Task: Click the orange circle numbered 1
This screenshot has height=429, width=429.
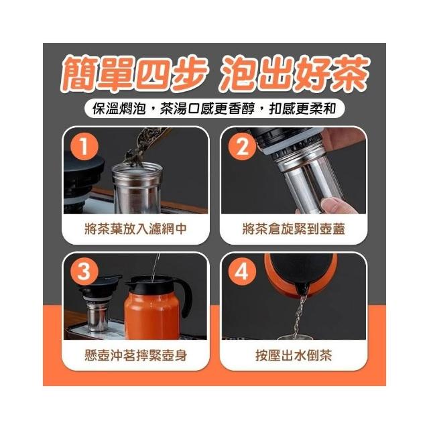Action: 84,146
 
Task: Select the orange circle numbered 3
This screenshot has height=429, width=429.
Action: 84,271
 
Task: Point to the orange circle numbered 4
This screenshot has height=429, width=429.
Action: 242,271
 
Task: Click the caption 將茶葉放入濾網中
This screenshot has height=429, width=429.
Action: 135,229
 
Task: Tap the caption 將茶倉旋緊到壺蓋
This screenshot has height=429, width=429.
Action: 294,229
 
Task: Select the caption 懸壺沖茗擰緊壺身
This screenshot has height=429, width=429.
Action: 135,355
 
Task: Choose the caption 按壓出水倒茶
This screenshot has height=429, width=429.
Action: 294,355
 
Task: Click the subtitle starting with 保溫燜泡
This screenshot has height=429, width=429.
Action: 214,109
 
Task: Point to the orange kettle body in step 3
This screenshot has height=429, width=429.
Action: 152,314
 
